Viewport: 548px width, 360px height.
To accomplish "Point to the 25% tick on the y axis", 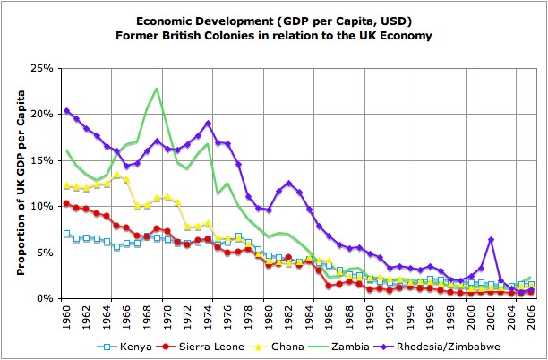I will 46,68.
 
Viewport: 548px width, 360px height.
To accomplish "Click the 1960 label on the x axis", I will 67,316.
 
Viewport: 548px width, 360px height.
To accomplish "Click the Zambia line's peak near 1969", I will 158,88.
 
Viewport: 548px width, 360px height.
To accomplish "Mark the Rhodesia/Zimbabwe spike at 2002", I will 491,239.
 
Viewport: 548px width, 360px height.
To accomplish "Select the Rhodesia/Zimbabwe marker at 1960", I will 66,111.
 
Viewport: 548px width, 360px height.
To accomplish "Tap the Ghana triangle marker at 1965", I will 117,175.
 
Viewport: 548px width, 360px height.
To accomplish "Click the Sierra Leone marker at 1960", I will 66,203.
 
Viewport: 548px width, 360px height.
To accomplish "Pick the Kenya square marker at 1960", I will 66,234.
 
